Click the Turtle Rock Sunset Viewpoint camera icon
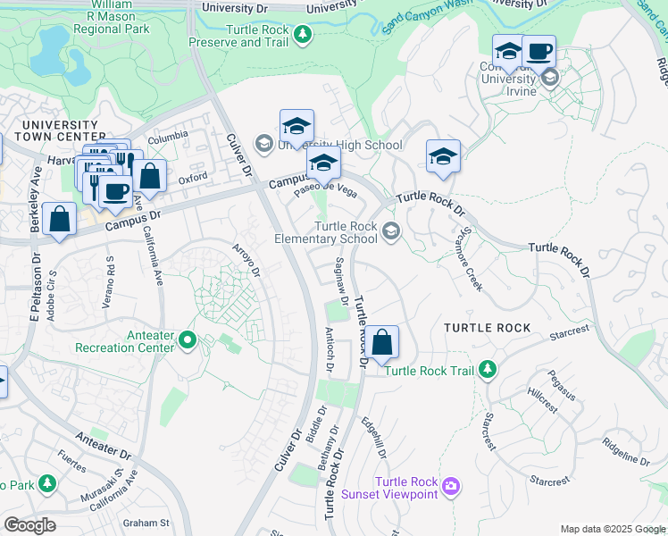click(x=452, y=485)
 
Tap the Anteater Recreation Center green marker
click(x=187, y=339)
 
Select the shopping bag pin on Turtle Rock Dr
click(x=381, y=343)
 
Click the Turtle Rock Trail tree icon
click(x=487, y=368)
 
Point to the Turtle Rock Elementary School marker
click(x=390, y=232)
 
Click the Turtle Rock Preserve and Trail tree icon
click(x=304, y=34)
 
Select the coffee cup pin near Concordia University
click(x=539, y=52)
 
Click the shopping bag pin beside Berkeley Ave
click(x=59, y=221)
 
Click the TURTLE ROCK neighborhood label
click(x=488, y=328)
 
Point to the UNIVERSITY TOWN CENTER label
click(x=60, y=130)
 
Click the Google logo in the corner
click(x=30, y=525)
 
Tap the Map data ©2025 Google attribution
click(x=612, y=529)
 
